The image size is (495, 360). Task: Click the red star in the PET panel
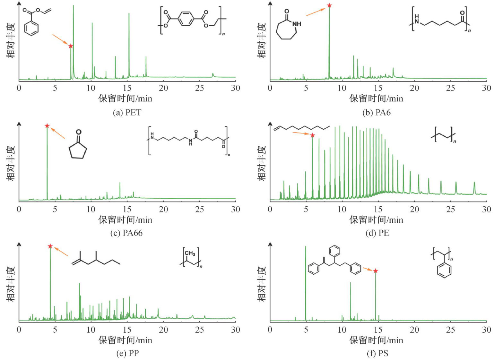tap(71, 46)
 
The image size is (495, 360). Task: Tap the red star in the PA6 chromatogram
tap(329, 5)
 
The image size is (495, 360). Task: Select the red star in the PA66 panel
tap(47, 126)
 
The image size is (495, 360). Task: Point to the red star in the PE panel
tap(312, 135)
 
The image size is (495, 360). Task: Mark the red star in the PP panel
tap(50, 246)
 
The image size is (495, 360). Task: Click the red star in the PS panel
tap(375, 271)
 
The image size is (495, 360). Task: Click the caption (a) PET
tap(127, 113)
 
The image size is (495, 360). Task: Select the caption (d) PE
tap(377, 233)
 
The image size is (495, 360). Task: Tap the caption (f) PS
tap(377, 353)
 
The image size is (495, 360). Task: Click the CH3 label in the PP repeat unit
tap(190, 253)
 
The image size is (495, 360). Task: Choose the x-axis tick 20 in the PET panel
tap(163, 88)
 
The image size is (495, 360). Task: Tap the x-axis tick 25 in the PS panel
tap(450, 330)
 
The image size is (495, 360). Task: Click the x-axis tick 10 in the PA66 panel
tap(91, 209)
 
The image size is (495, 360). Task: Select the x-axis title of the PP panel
tap(125, 340)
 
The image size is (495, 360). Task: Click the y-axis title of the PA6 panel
tap(262, 40)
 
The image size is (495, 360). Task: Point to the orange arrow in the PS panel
tap(368, 269)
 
